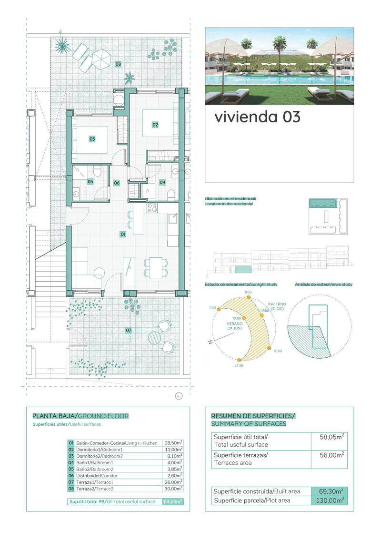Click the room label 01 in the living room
point(122,234)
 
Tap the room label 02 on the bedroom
point(155,125)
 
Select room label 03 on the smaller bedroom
point(92,139)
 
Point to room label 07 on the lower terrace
point(129,330)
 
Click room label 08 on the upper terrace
point(118,64)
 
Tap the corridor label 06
point(117,183)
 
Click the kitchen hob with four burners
point(152,208)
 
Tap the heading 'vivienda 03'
point(257,117)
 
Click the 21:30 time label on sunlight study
point(239,366)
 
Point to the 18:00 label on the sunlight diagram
point(278,351)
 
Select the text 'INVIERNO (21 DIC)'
point(277,306)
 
